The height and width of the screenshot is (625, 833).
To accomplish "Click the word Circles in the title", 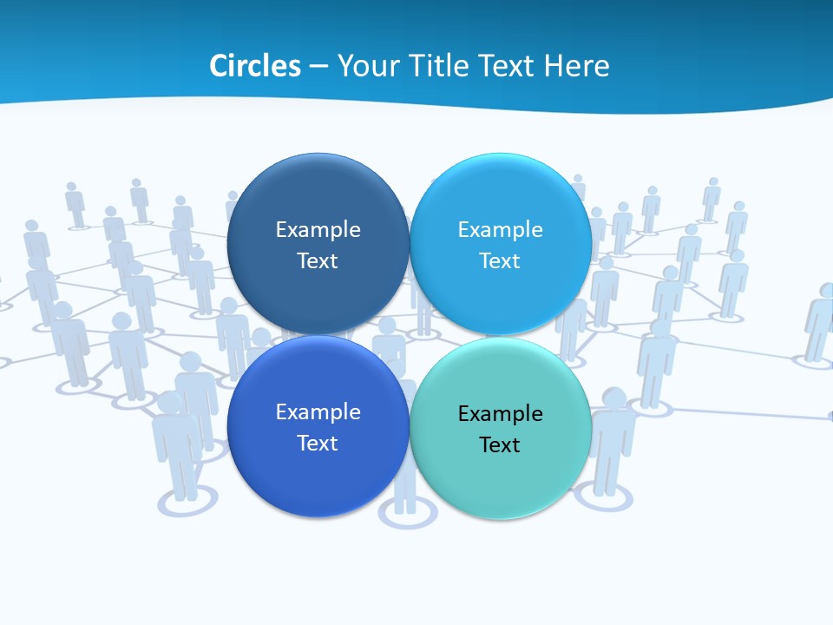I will point(254,66).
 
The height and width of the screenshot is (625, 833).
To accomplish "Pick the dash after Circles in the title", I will point(318,67).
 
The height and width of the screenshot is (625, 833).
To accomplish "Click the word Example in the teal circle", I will point(500,414).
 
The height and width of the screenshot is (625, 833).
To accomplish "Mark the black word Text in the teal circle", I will point(500,445).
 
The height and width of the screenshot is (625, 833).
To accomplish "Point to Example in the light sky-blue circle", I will point(500,230).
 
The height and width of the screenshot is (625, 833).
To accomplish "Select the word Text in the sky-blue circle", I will point(500,261).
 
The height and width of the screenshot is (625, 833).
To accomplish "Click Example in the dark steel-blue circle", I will point(318,230).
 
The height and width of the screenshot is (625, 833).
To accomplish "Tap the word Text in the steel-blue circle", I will point(318,261).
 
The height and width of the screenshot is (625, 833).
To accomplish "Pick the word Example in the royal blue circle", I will point(318,412).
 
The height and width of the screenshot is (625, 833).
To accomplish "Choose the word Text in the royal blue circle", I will point(318,444).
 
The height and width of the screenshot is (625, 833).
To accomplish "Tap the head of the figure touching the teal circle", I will point(613,400).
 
